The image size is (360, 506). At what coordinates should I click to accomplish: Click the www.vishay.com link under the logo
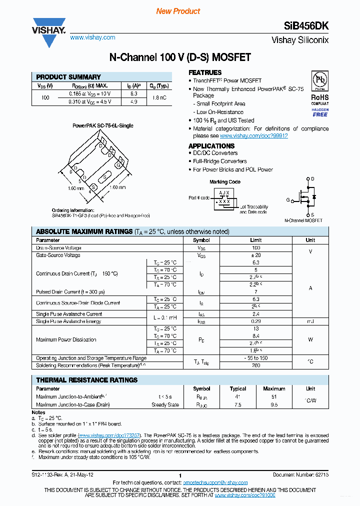92,37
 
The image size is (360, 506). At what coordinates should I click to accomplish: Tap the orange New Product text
178,11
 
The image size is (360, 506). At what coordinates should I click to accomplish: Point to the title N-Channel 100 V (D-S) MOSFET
179,57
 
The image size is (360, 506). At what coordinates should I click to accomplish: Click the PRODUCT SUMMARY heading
68,77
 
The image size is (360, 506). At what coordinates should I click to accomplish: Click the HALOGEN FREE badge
320,112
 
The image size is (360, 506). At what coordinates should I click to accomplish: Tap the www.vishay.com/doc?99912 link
253,135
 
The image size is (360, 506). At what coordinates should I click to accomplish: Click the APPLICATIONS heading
211,145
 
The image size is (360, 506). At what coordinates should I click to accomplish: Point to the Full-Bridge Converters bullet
220,161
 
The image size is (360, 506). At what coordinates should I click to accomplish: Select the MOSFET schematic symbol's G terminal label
288,200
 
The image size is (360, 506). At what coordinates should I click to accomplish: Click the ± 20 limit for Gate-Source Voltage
256,255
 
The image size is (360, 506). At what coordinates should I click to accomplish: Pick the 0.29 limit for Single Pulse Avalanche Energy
256,321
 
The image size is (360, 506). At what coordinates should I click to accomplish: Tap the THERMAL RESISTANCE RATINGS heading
87,380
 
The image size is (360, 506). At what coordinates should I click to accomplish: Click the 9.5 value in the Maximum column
274,404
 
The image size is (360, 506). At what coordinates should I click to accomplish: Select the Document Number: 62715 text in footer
300,474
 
